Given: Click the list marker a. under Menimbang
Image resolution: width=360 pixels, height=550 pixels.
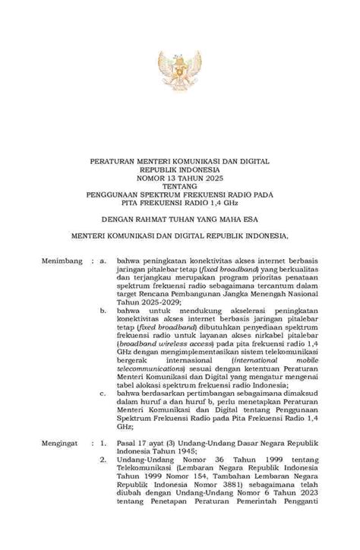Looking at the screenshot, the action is (104, 261).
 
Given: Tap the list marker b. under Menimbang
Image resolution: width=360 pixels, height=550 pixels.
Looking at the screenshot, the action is (104, 311).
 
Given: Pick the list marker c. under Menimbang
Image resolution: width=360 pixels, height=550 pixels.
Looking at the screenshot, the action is (104, 394).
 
